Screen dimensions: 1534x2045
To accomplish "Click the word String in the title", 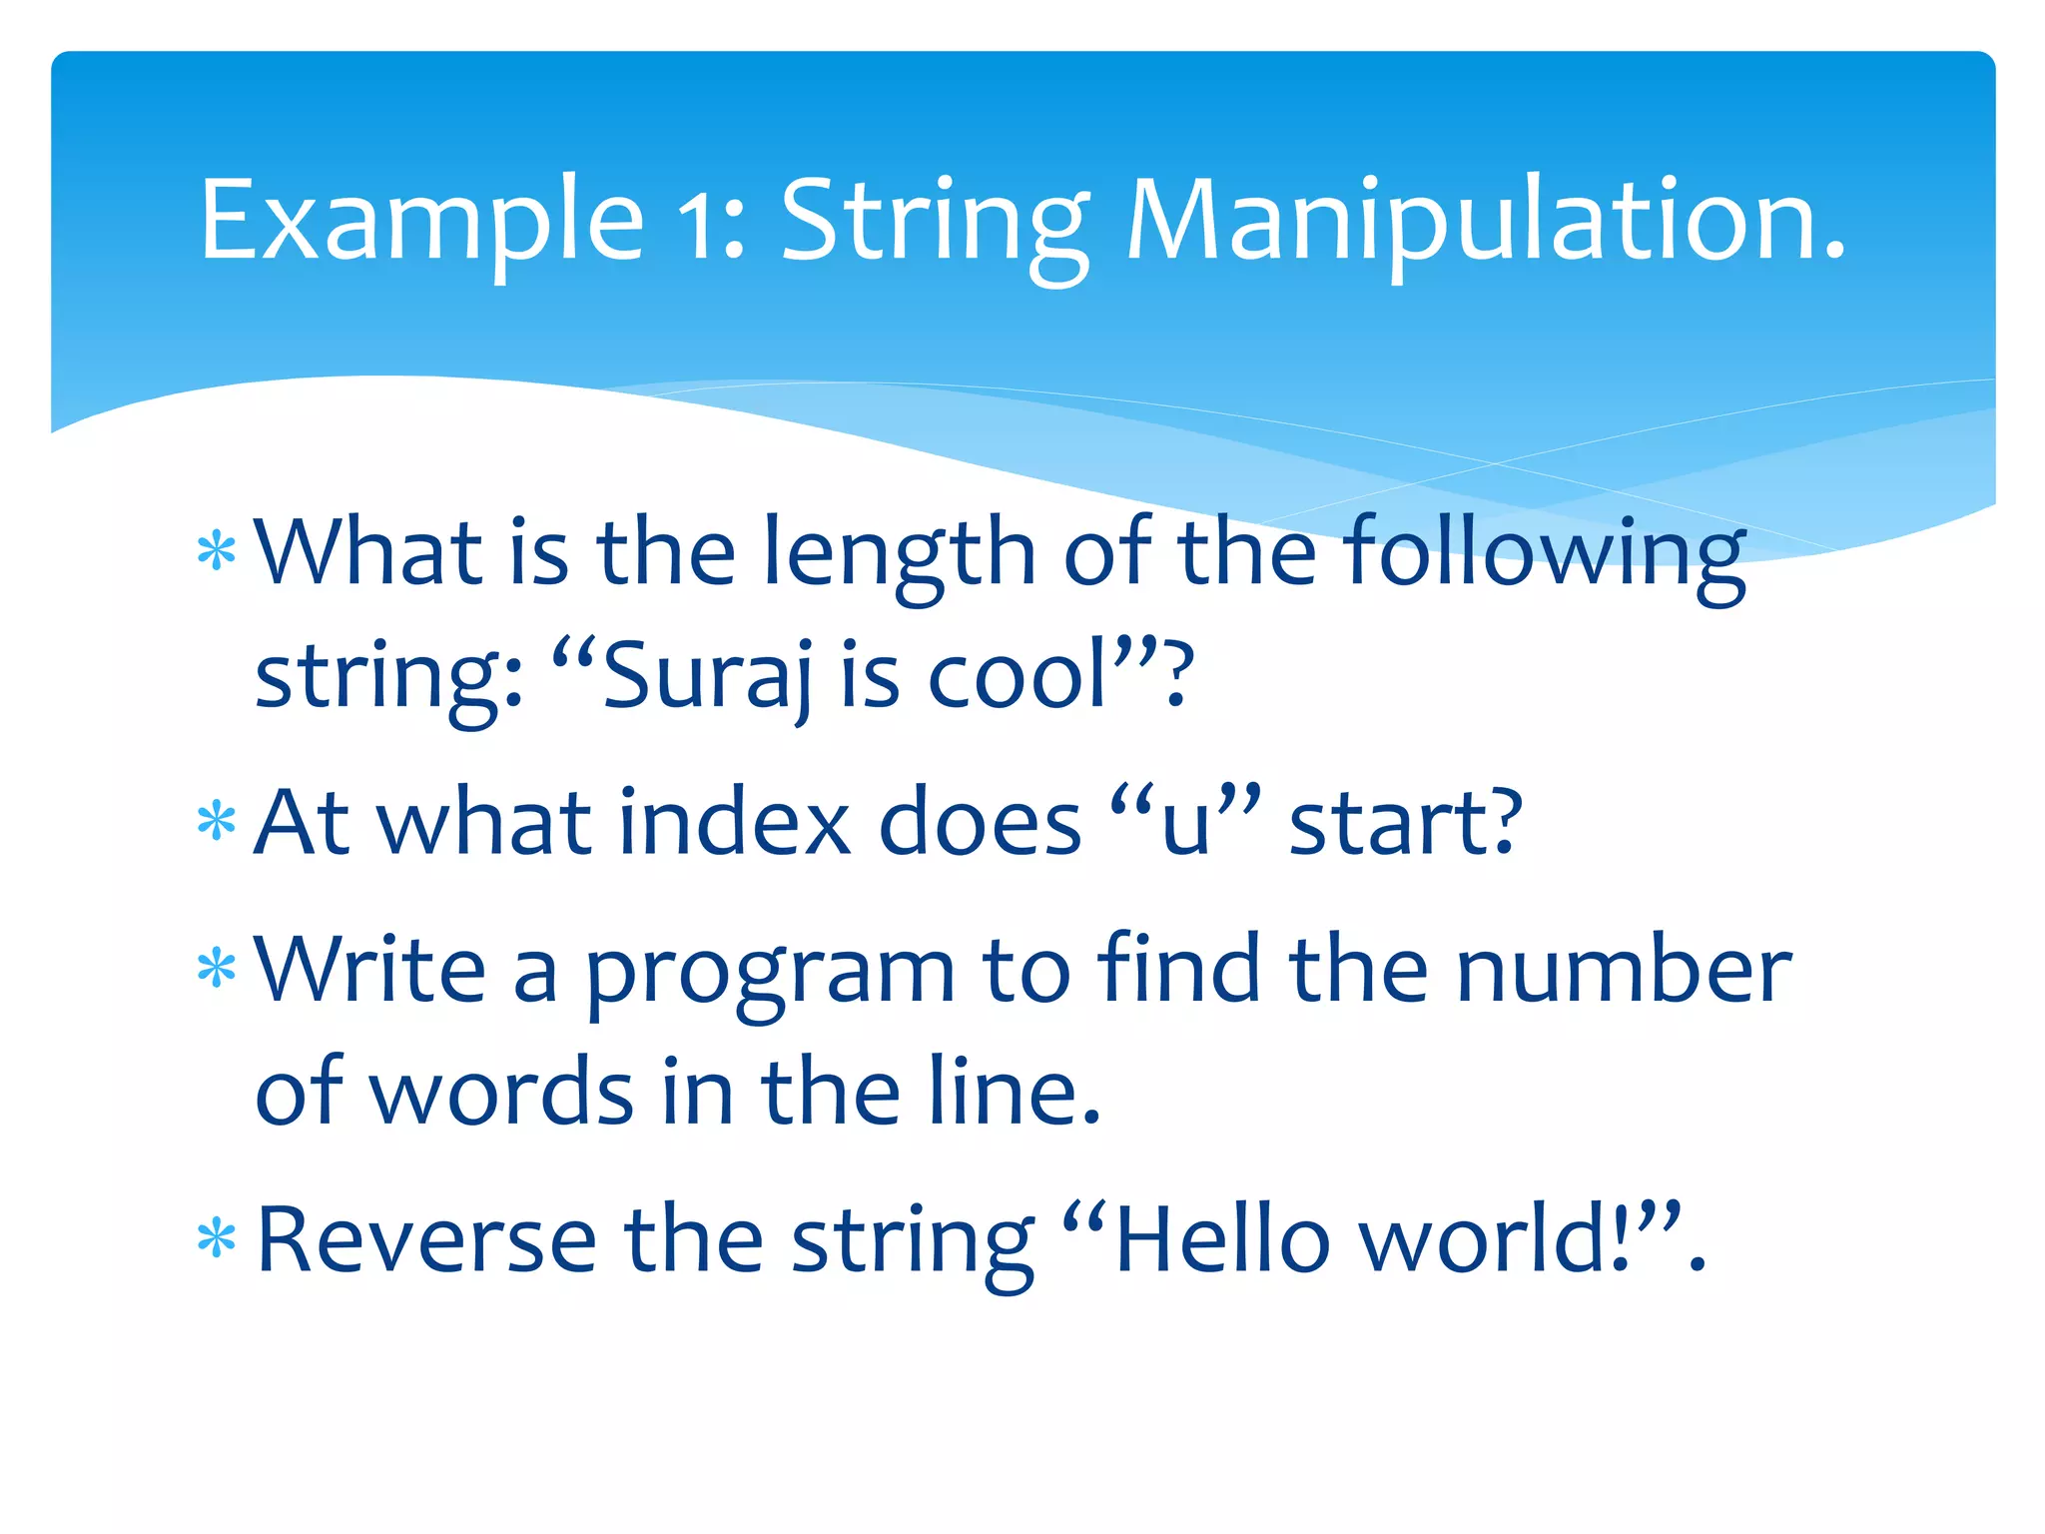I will pyautogui.click(x=934, y=224).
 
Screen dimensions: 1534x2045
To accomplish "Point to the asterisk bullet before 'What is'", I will pyautogui.click(x=217, y=551).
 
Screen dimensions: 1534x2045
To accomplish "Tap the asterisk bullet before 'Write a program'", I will pyautogui.click(x=217, y=969).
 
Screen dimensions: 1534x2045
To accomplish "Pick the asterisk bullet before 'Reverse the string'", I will pyautogui.click(x=217, y=1239).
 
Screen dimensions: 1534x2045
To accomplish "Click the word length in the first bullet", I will pyautogui.click(x=899, y=554).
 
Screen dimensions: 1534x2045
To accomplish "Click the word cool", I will pyautogui.click(x=1019, y=675).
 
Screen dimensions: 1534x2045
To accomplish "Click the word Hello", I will pyautogui.click(x=1222, y=1239).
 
